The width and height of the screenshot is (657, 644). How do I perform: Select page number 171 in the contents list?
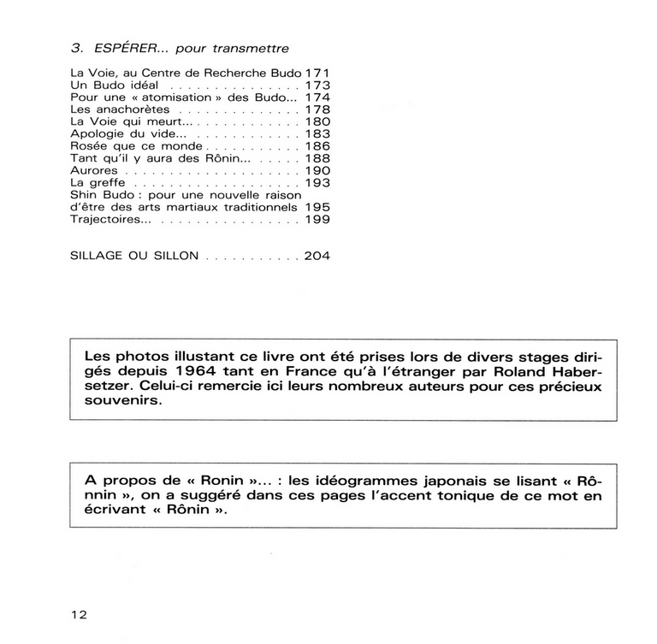pos(317,74)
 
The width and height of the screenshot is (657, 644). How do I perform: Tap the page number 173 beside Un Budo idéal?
pos(317,86)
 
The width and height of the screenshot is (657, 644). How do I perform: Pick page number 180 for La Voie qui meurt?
pos(317,122)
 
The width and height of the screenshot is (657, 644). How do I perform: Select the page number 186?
pos(317,146)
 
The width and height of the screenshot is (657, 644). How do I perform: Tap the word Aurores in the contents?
pos(93,170)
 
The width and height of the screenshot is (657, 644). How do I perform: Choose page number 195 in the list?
pos(317,206)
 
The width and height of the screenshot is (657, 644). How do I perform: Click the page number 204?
pos(317,255)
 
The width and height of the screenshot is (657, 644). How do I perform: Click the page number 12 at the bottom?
pos(79,614)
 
